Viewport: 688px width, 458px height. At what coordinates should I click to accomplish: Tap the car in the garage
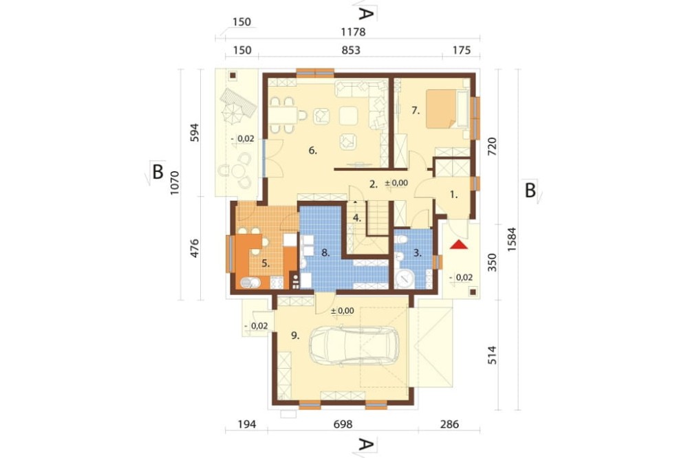click(x=354, y=346)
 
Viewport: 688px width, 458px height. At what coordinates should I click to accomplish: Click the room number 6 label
click(x=312, y=151)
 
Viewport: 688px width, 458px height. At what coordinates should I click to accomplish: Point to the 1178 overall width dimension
click(x=353, y=32)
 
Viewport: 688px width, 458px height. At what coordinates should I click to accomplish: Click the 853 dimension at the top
click(x=351, y=50)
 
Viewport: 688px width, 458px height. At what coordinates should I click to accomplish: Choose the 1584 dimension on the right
click(x=512, y=239)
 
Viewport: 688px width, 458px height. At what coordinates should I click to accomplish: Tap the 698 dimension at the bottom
click(x=343, y=424)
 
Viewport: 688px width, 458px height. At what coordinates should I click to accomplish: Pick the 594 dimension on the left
click(x=195, y=133)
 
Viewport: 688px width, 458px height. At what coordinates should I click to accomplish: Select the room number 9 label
click(x=295, y=336)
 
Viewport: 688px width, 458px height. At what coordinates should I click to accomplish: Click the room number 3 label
click(x=418, y=252)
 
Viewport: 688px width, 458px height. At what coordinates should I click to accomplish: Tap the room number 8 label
click(x=325, y=252)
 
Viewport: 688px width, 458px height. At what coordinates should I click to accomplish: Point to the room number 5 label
click(x=266, y=263)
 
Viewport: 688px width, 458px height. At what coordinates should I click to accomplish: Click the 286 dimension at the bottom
click(x=449, y=424)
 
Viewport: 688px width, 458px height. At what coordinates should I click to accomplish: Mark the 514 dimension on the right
click(x=492, y=355)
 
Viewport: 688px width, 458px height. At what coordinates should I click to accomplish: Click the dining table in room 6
click(x=283, y=116)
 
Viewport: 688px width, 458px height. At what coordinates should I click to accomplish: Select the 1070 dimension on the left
click(x=175, y=183)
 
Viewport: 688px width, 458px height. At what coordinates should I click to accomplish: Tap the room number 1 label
click(x=453, y=195)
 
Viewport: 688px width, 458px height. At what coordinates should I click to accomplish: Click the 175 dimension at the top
click(x=462, y=50)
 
